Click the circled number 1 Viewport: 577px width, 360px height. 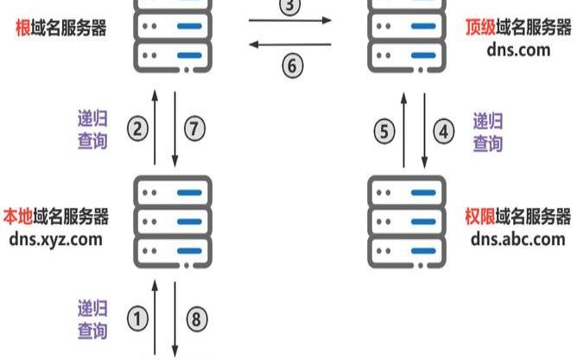[x=138, y=319]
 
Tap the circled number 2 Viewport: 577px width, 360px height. [x=138, y=129]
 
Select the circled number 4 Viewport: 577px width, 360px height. [x=444, y=131]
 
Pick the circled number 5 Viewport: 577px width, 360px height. [x=385, y=131]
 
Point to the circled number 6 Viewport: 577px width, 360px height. [x=292, y=66]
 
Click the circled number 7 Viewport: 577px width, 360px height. [x=195, y=129]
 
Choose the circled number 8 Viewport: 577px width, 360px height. [x=196, y=319]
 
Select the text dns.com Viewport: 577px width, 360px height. [x=517, y=49]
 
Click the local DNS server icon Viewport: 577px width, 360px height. [x=174, y=220]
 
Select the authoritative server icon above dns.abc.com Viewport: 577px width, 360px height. [x=406, y=220]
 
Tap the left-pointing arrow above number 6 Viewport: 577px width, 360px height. [x=290, y=41]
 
